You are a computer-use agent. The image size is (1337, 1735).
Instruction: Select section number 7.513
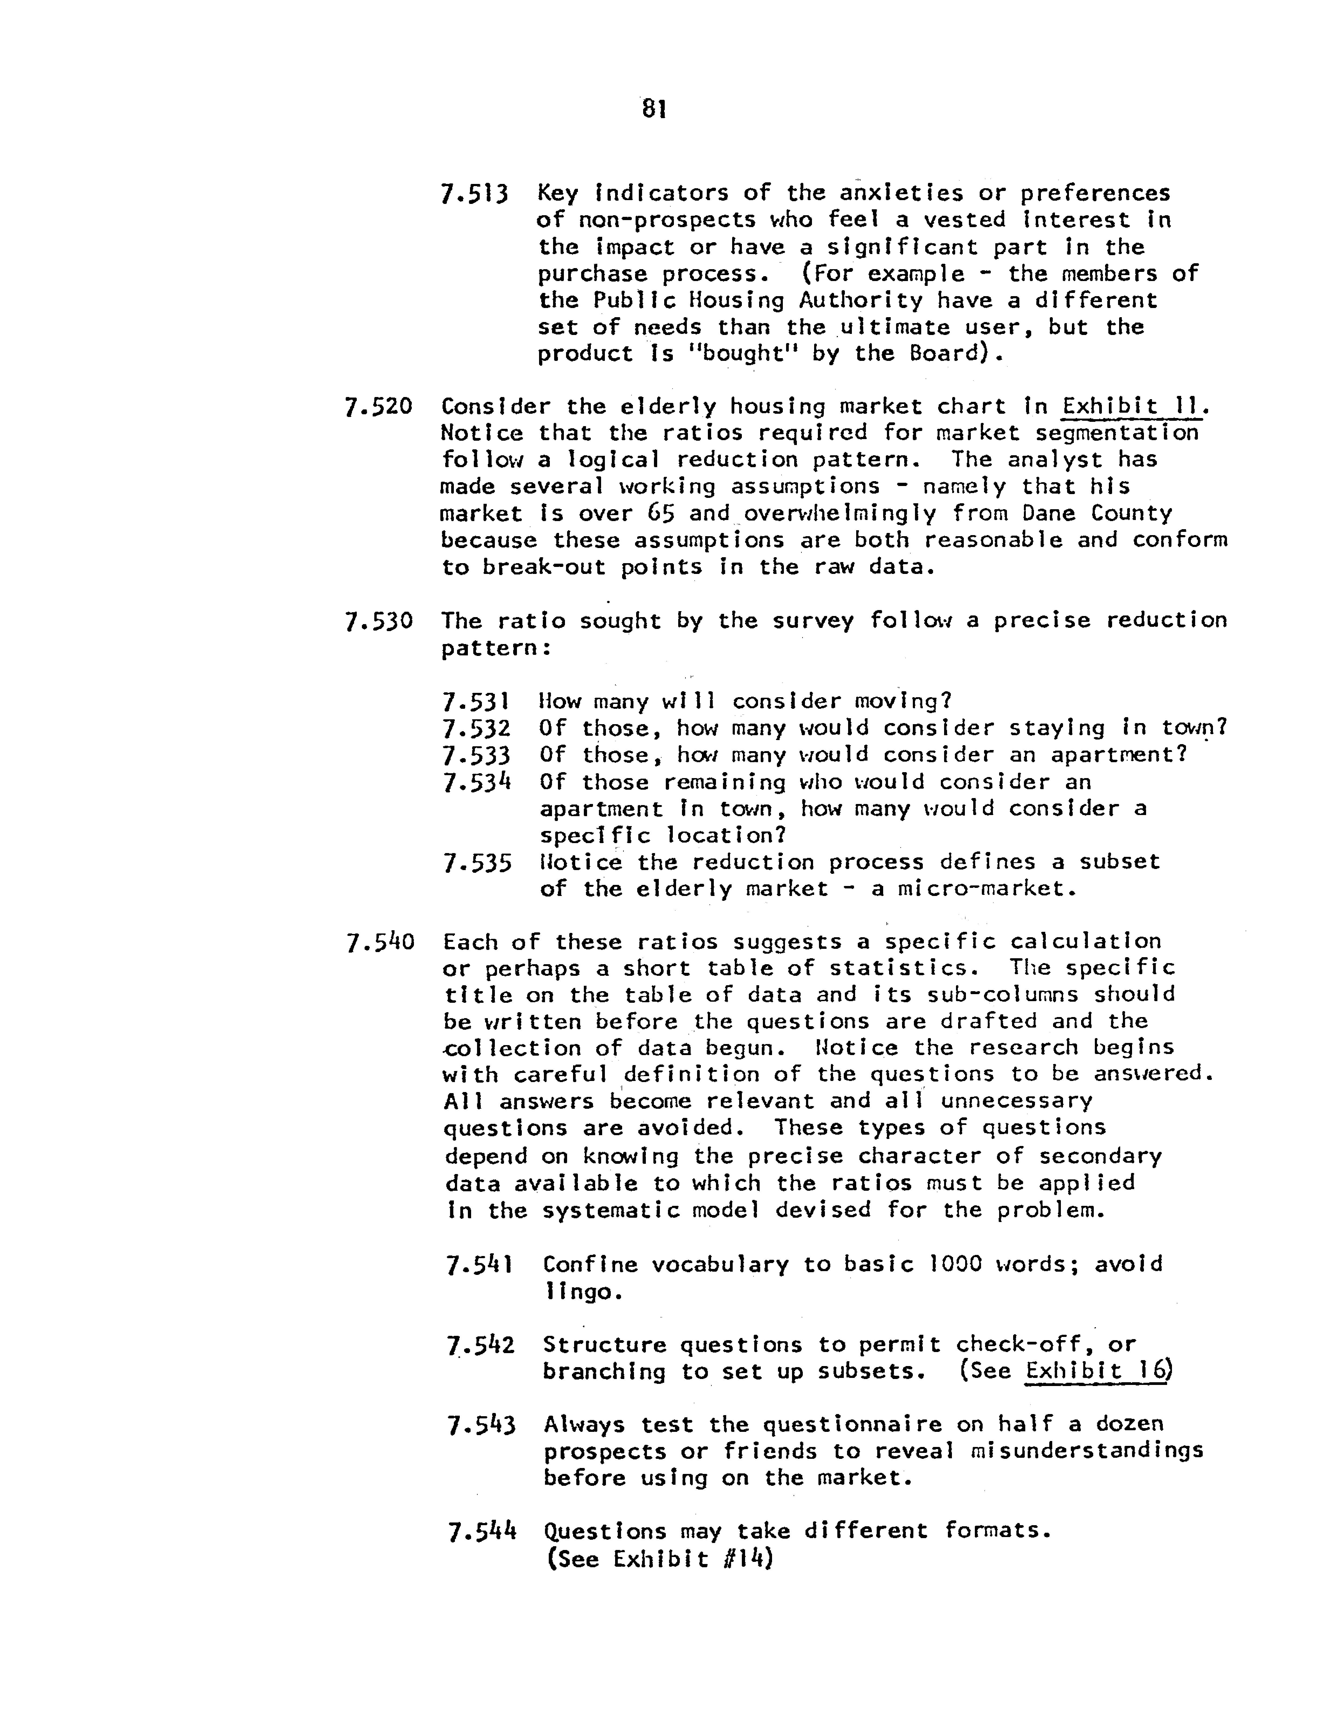point(474,194)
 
